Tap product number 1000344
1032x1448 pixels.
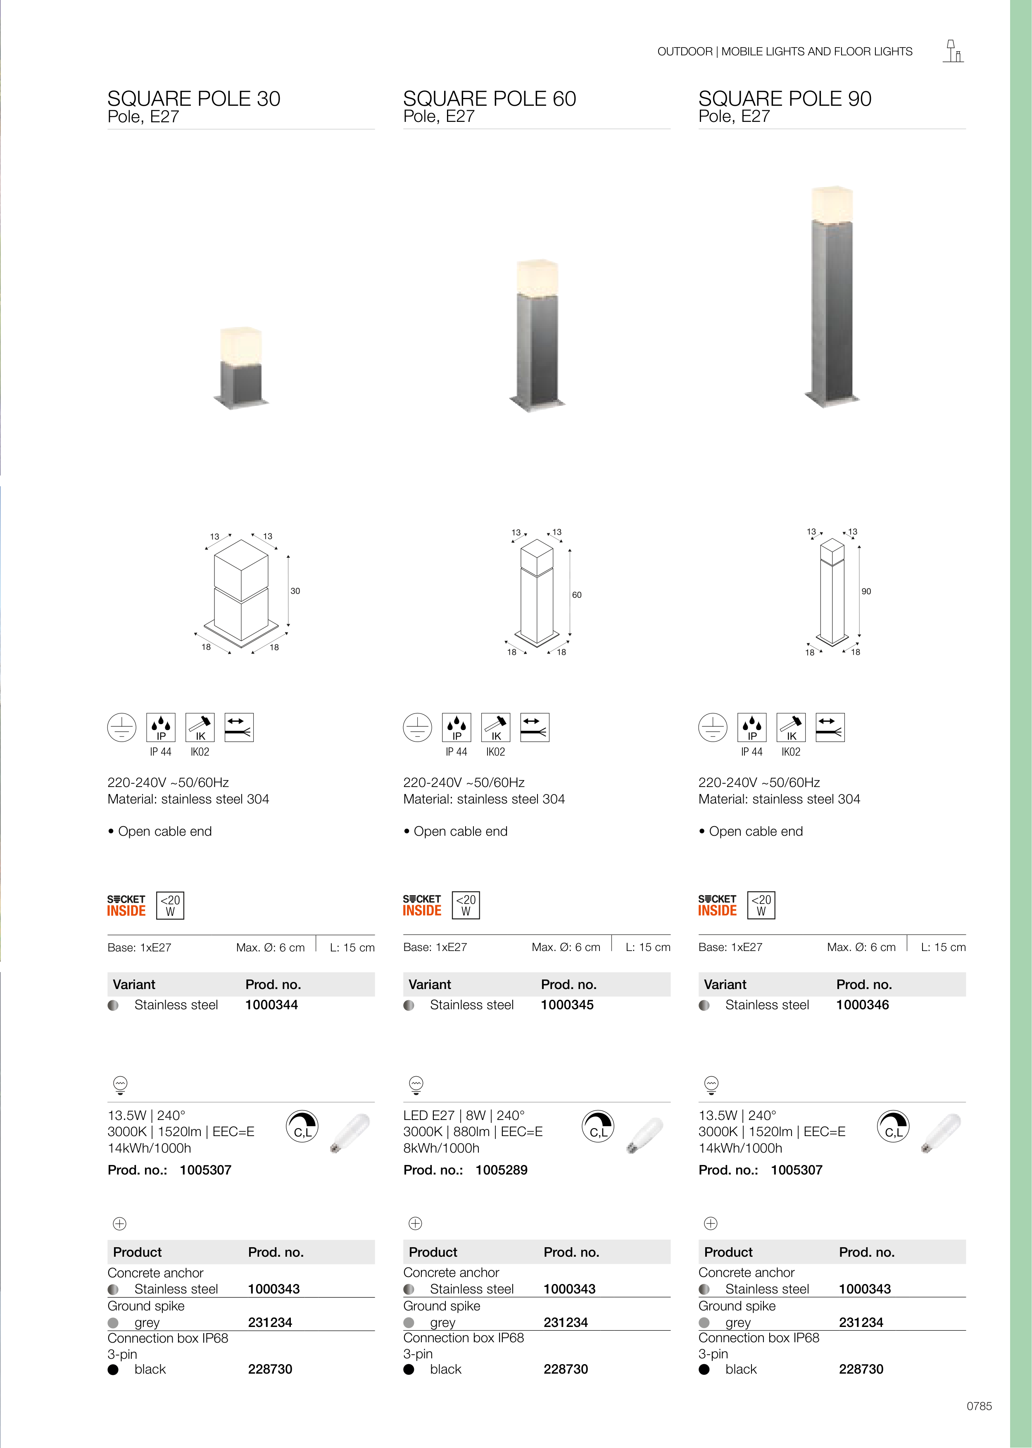pos(271,1005)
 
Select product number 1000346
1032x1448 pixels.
pos(862,1005)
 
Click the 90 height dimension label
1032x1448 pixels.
pos(866,592)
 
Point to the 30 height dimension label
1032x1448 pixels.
pos(295,591)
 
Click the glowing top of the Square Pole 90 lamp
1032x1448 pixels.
pos(832,204)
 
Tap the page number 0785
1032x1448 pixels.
pos(979,1406)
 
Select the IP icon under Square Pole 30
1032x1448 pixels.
pos(161,728)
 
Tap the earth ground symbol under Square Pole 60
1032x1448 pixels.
pos(418,728)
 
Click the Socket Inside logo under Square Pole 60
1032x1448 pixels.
pos(422,906)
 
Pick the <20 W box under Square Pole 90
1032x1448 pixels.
pos(761,906)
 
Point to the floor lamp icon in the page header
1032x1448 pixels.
pos(953,52)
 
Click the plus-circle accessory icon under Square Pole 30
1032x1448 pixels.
pos(119,1223)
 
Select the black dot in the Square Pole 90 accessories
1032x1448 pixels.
pos(704,1369)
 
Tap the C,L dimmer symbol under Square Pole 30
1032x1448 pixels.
pos(302,1127)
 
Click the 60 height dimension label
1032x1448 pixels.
pos(576,595)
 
